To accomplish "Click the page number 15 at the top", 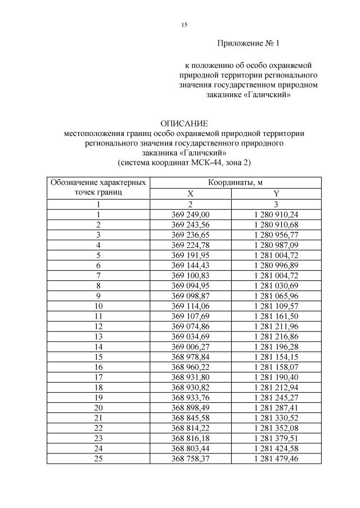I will pos(184,25).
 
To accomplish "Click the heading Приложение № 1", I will pos(248,43).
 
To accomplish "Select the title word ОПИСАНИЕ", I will pos(184,123).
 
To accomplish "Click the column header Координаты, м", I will pos(236,183).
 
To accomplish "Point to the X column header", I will pos(190,193).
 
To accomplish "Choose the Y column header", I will pos(276,193).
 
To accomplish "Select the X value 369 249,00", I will pos(190,215).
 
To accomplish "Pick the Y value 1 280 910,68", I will pos(276,225).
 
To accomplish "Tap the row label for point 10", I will pos(99,306).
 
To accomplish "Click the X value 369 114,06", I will pos(190,306).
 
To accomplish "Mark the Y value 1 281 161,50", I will pos(276,316).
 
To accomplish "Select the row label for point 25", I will pos(99,458).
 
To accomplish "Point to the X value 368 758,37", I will pos(190,458).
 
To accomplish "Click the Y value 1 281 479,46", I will pos(276,458).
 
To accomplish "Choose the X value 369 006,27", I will pos(190,346).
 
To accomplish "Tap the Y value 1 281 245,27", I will pos(276,397).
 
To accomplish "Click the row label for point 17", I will pos(99,377).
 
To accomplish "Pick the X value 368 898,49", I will pos(190,407).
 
